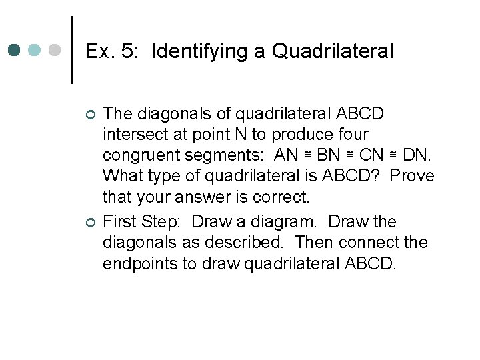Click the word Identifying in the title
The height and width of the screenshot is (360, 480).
[x=199, y=51]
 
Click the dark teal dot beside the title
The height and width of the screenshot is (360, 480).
[x=15, y=51]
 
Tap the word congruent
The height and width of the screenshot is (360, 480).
[x=143, y=155]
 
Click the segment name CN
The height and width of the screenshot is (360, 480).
[x=372, y=155]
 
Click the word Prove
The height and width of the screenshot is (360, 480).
[x=413, y=176]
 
